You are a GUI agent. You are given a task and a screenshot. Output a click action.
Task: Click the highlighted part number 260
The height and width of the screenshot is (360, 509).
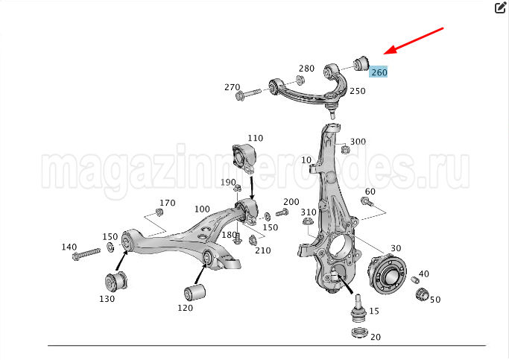(x=379, y=72)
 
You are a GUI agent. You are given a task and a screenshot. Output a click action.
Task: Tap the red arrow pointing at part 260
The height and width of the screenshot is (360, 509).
(x=414, y=41)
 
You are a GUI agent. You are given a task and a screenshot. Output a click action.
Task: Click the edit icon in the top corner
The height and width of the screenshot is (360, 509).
(x=500, y=7)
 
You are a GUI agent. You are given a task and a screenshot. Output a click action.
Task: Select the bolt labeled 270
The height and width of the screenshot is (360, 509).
(x=248, y=94)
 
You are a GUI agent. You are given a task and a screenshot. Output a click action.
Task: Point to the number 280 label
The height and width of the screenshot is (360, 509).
(x=307, y=69)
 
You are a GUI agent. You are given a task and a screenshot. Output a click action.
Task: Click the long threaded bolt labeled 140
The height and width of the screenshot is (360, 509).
(x=86, y=254)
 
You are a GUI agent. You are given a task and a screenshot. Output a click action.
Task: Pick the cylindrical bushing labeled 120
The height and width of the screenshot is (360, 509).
(x=195, y=292)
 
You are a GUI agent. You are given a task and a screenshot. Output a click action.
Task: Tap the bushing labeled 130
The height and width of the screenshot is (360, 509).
(x=116, y=282)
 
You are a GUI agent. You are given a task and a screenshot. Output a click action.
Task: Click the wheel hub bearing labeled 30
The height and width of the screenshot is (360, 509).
(x=387, y=274)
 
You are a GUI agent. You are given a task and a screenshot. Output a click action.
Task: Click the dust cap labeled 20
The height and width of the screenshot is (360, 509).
(x=359, y=332)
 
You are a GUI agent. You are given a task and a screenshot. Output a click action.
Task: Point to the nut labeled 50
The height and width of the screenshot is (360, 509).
(x=423, y=294)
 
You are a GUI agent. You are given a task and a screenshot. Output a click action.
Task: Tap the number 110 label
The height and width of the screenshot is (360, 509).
(x=256, y=139)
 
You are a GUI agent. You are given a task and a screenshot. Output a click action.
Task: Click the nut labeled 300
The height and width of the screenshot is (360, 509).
(x=345, y=150)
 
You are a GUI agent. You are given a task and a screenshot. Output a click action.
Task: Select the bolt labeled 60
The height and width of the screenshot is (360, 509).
(x=367, y=202)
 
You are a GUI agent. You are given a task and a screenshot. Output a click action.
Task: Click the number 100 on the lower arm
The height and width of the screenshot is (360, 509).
(x=202, y=209)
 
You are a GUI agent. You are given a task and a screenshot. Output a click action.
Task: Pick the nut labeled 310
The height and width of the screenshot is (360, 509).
(x=307, y=221)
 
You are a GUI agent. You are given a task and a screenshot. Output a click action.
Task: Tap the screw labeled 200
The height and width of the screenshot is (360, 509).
(x=282, y=213)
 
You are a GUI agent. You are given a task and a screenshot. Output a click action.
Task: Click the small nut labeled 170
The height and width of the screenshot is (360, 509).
(x=159, y=212)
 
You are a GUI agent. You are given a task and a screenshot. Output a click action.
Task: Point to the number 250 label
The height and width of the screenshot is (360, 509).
(x=358, y=91)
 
